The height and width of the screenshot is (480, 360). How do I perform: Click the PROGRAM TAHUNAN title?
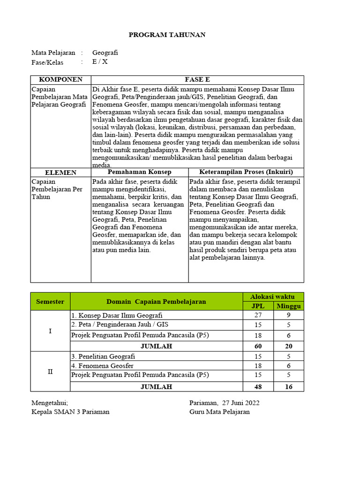point(167,35)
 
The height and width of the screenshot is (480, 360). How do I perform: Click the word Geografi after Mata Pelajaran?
point(105,53)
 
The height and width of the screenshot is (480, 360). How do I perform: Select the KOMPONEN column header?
point(60,80)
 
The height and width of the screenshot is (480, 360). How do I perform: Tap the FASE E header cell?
point(197,80)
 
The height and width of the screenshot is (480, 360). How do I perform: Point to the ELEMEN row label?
point(60,172)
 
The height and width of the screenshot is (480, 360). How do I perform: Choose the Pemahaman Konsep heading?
point(140,172)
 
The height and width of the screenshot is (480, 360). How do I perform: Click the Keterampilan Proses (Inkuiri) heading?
point(246,172)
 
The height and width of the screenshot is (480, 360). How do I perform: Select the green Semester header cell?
point(50,301)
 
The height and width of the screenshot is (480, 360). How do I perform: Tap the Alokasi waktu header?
point(273,297)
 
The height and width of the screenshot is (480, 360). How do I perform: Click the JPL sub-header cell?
point(258,306)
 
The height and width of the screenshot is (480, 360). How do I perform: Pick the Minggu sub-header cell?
point(289,306)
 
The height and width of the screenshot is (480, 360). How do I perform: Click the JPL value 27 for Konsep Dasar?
point(258,315)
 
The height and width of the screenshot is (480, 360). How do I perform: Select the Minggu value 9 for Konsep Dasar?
point(289,315)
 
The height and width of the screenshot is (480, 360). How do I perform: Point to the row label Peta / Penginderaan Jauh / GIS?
point(117,324)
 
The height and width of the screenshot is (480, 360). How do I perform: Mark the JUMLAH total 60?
point(258,346)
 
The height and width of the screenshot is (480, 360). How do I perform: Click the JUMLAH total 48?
point(258,387)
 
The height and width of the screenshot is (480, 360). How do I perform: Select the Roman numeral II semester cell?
point(50,371)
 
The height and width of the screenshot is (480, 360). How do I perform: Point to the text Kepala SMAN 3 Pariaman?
point(70,412)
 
